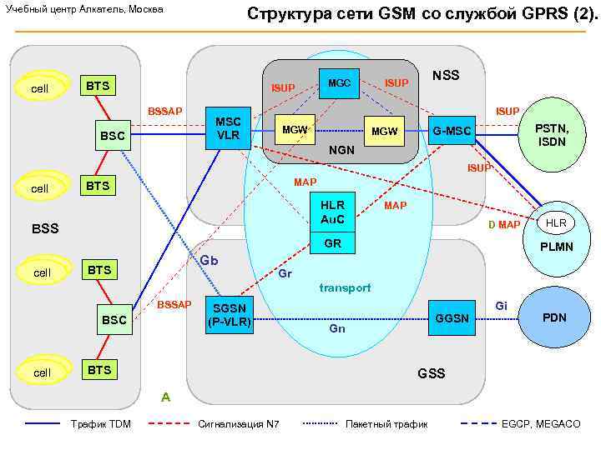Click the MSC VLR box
tap(228, 128)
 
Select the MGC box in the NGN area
tap(339, 83)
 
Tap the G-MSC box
tap(452, 131)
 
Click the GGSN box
tap(454, 319)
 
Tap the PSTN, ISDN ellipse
tap(552, 135)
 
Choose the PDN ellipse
tap(554, 318)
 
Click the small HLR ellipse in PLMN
tap(557, 222)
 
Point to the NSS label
tap(446, 76)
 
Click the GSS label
tap(432, 373)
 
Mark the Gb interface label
tap(209, 261)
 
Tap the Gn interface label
tap(337, 329)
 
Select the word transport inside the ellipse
tap(346, 287)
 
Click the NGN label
tap(341, 152)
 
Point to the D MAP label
tap(504, 225)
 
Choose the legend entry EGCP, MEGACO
tap(541, 424)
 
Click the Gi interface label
tap(501, 306)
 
